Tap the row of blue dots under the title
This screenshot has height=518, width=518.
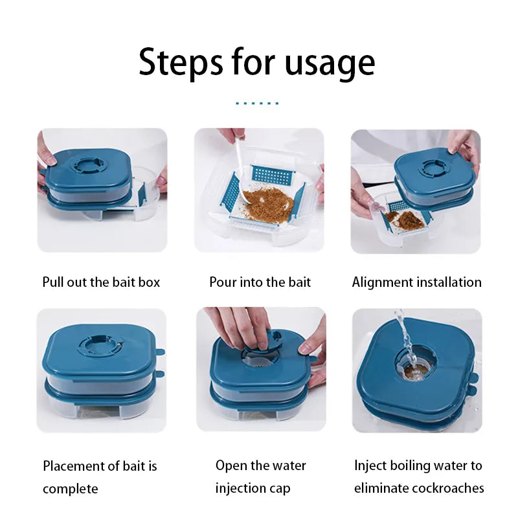257,103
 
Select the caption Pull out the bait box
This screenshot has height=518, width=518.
101,282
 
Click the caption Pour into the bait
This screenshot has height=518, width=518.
260,282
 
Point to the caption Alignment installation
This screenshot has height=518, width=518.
416,282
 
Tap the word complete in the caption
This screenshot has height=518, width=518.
70,488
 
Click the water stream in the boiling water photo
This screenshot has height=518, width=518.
405,337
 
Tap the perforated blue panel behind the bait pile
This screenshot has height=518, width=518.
269,174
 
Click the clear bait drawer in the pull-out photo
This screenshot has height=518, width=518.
146,201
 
